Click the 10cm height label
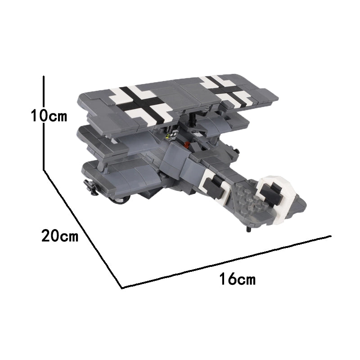(49, 116)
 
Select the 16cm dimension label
(238, 279)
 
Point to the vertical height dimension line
(44, 123)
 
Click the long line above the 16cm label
(226, 261)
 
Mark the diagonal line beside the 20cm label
(83, 229)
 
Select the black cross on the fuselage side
(214, 185)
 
